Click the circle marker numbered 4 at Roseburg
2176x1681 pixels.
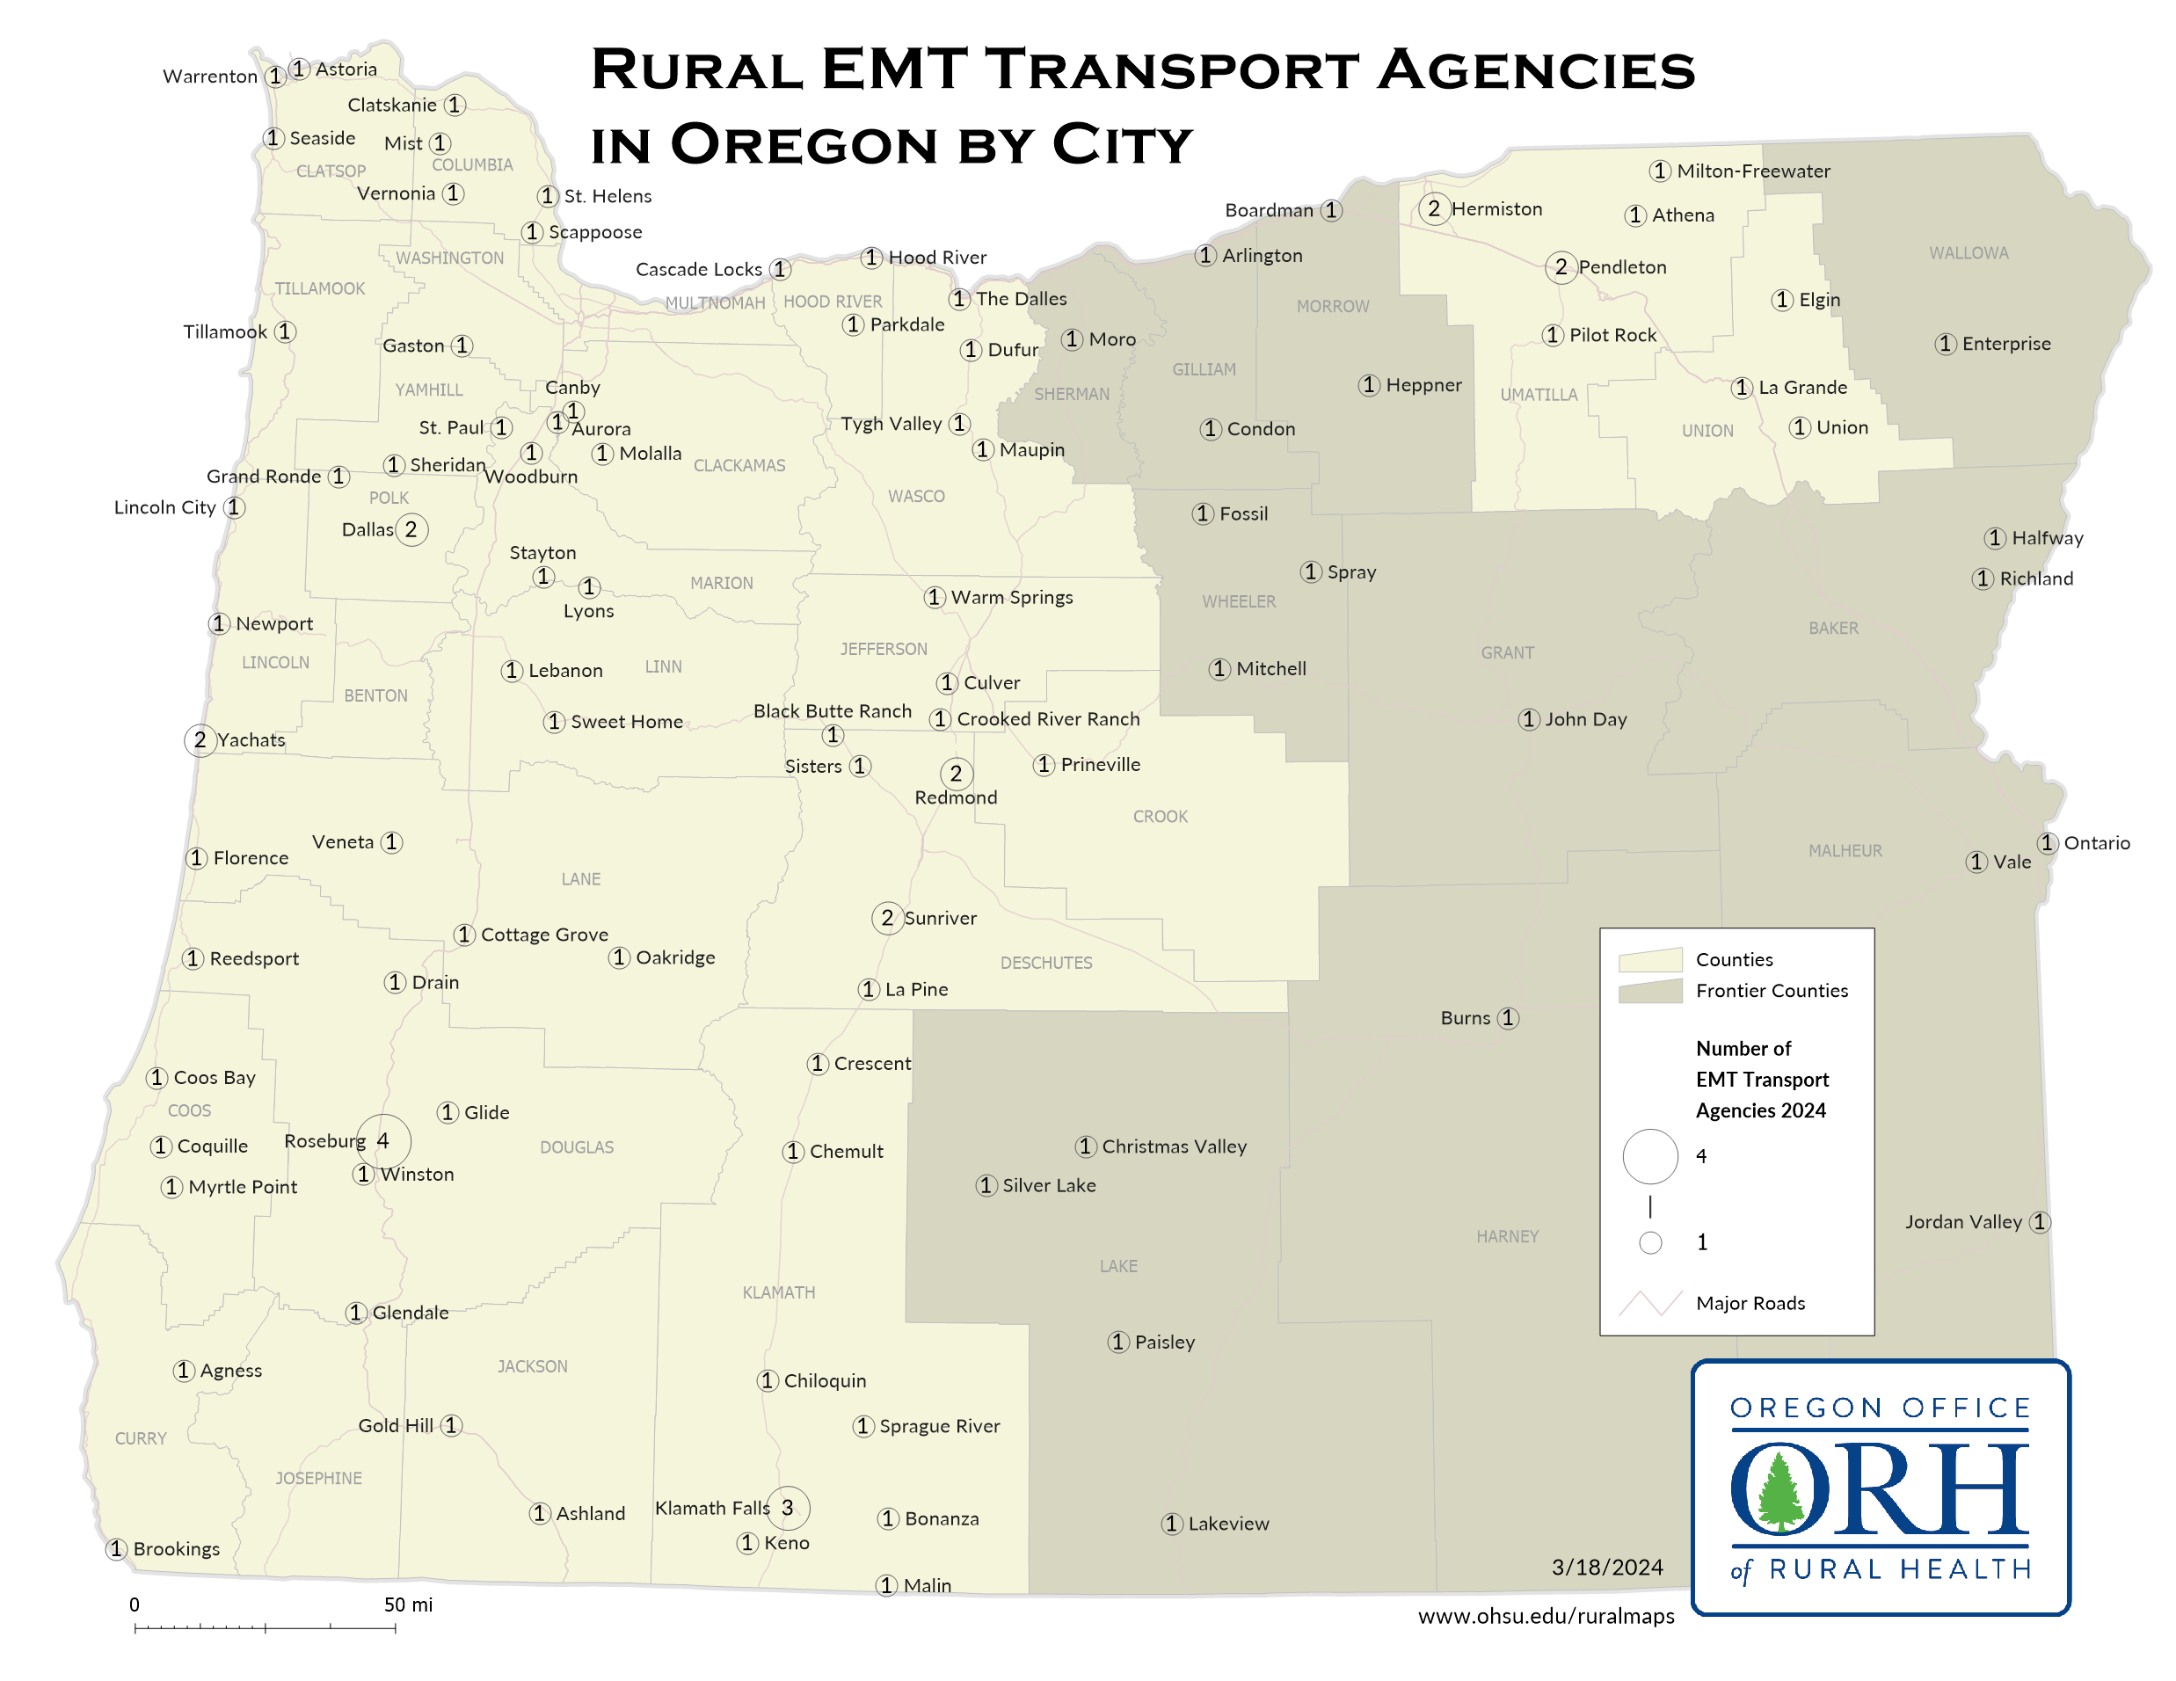(383, 1141)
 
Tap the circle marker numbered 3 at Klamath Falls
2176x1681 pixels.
(787, 1508)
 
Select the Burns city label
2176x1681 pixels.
(1465, 1017)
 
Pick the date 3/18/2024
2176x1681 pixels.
(1607, 1568)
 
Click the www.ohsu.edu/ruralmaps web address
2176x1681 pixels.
(1546, 1616)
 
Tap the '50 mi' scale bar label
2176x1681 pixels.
(409, 1605)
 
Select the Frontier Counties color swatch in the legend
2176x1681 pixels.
(1650, 991)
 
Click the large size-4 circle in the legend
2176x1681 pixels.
(1650, 1156)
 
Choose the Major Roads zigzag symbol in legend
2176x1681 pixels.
(1650, 1303)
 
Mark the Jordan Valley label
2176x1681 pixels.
(1962, 1222)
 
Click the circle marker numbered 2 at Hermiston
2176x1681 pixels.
(1434, 208)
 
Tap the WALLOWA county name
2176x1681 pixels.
(1968, 253)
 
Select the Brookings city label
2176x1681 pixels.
(177, 1548)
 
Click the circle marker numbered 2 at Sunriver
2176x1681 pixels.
(887, 918)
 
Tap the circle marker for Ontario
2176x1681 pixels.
(2048, 843)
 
